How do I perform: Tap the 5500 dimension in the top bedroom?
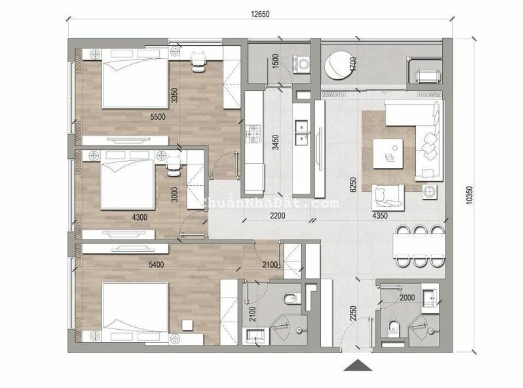coord(157,117)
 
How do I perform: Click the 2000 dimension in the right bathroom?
coord(406,298)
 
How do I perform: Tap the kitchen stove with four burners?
coord(253,136)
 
